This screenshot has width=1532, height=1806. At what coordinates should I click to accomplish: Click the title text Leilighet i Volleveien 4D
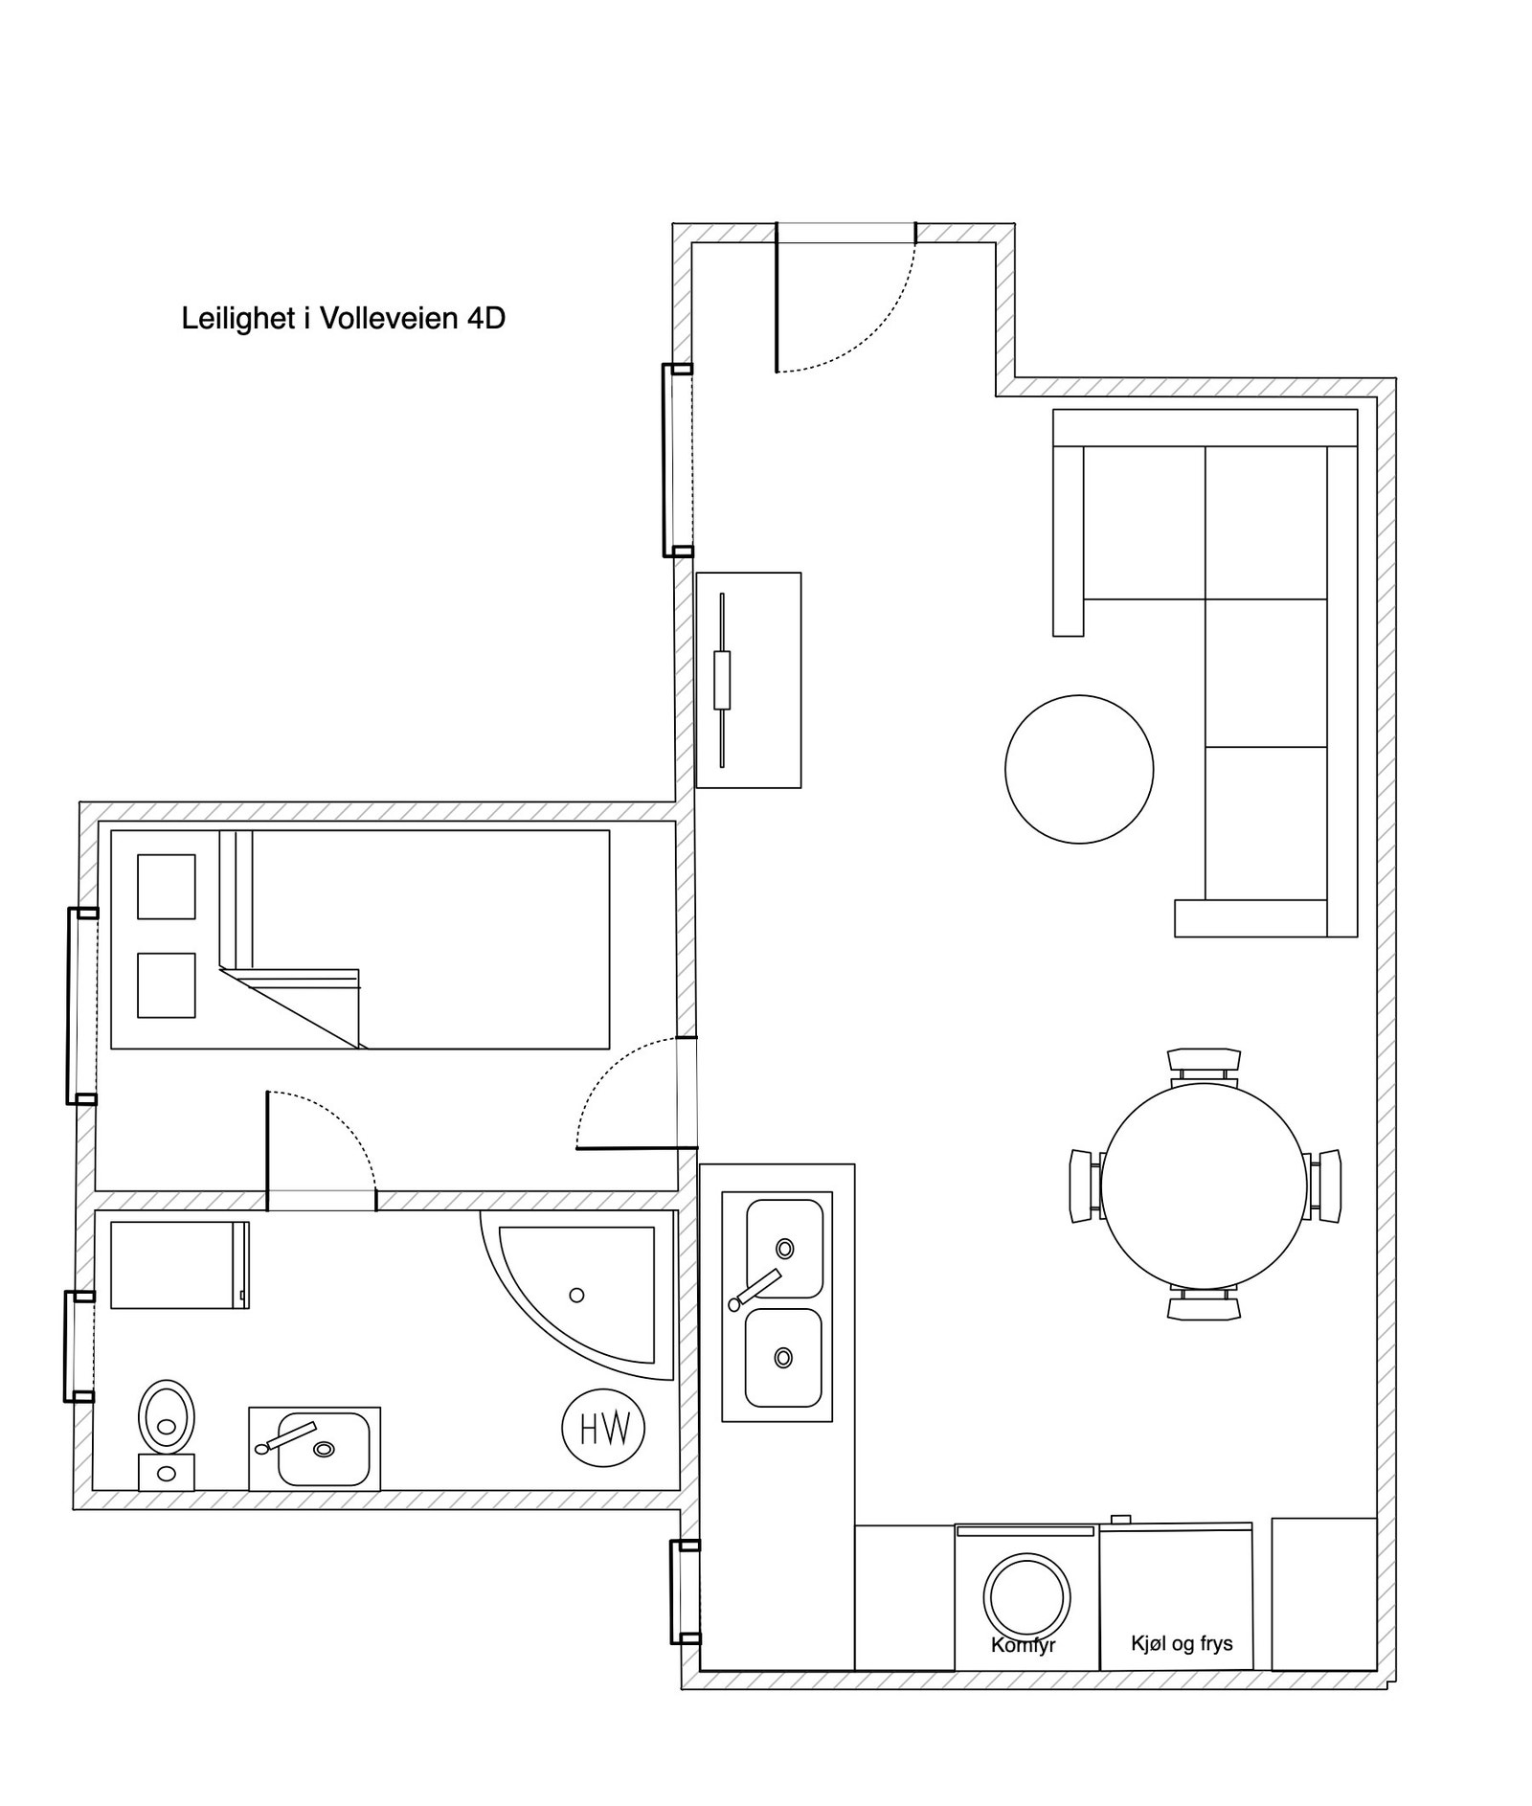(343, 318)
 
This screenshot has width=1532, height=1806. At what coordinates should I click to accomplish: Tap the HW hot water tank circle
(602, 1429)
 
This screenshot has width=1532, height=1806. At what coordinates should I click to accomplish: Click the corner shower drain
(576, 1295)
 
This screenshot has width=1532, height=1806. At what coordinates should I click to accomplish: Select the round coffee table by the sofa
(1078, 769)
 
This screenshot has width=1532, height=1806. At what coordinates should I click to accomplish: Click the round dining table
(1204, 1185)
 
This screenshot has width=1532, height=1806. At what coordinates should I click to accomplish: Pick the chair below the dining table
(1204, 1306)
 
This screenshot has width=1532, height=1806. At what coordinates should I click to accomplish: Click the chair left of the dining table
(1084, 1185)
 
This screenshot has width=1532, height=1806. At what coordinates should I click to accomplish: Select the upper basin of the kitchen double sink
(784, 1248)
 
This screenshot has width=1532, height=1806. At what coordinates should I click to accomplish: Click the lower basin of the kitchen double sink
(783, 1357)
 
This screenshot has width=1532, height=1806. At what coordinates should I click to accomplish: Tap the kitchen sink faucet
(756, 1289)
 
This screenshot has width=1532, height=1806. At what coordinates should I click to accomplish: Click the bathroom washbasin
(324, 1449)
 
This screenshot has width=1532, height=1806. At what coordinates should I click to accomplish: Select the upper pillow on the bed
(167, 886)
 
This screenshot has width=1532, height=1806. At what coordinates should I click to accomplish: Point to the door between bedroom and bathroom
(268, 1149)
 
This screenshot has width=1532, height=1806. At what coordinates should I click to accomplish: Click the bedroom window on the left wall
(71, 1005)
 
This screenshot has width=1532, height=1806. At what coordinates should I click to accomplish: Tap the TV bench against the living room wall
(748, 680)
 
